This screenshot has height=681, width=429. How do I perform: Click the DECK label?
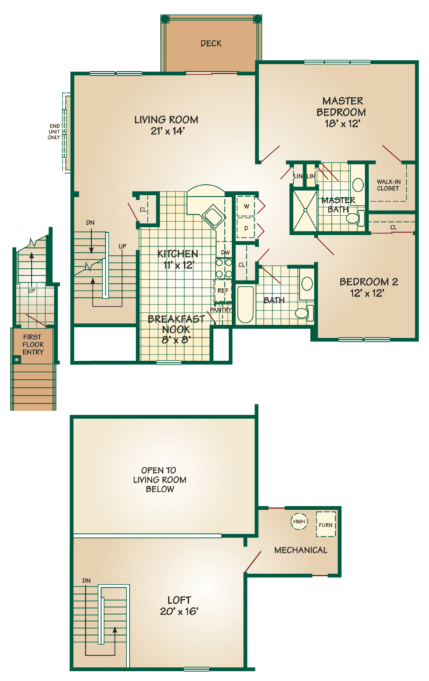pyautogui.click(x=211, y=44)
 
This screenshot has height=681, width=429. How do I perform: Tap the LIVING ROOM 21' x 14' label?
pyautogui.click(x=166, y=126)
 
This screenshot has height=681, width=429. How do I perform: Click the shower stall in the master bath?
pyautogui.click(x=303, y=209)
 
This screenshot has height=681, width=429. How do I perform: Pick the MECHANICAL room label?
pyautogui.click(x=301, y=550)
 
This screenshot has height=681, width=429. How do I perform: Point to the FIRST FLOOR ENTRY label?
pyautogui.click(x=32, y=344)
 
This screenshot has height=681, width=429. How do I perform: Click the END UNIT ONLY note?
pyautogui.click(x=55, y=132)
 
